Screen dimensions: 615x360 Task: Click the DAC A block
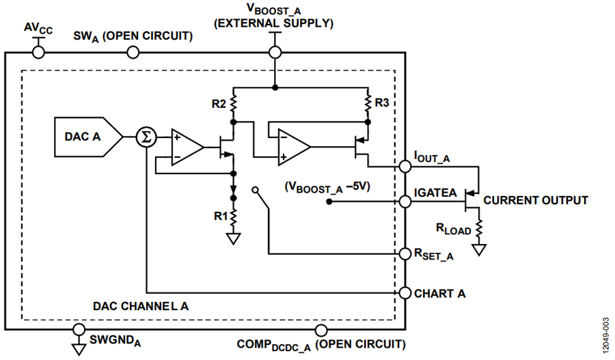[88, 137]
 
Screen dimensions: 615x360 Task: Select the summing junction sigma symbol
[146, 137]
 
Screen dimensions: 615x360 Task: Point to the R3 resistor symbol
[368, 102]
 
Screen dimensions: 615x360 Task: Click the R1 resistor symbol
[234, 217]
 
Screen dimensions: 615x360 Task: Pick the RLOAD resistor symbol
[478, 229]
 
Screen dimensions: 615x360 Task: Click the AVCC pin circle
[38, 52]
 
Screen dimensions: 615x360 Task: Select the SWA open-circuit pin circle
[133, 52]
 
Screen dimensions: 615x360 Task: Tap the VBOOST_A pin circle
[275, 52]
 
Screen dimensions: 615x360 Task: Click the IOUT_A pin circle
[405, 167]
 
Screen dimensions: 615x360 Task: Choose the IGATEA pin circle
[405, 202]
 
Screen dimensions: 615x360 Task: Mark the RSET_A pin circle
[405, 253]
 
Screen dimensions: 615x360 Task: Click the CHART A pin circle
[405, 293]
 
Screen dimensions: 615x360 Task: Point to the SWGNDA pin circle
[79, 330]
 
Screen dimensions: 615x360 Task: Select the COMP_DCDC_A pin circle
[321, 330]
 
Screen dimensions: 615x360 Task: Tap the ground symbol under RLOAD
[479, 250]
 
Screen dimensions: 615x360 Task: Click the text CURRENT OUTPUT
[535, 200]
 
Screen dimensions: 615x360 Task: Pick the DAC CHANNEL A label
[140, 306]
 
